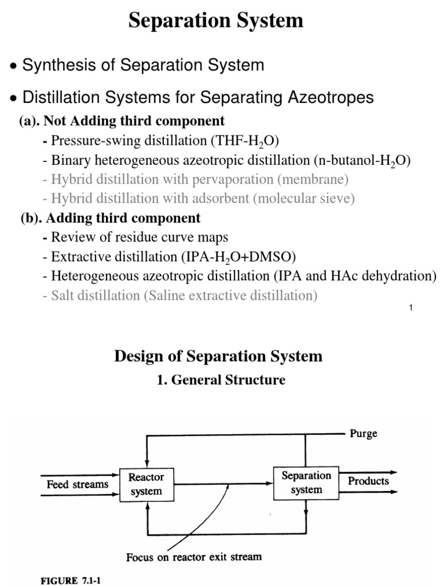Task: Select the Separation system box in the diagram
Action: point(306,482)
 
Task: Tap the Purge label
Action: point(364,434)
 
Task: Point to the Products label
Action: point(368,481)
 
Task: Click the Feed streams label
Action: point(77,484)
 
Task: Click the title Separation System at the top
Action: point(215,21)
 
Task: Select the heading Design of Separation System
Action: point(218,357)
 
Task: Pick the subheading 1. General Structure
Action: point(221,379)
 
